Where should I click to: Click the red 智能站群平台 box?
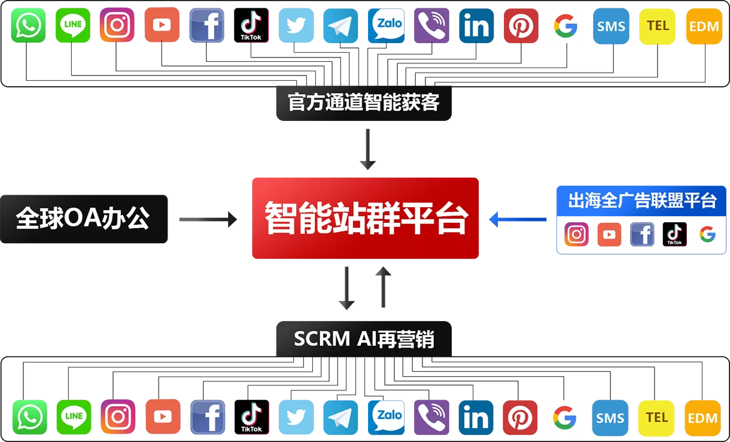[365, 218]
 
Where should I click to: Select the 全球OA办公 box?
[83, 219]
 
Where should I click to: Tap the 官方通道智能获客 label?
[364, 102]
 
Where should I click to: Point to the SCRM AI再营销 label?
[364, 339]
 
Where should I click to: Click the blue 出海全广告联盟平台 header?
[641, 201]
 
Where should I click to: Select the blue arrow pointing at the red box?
[518, 220]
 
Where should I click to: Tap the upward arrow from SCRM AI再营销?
[383, 287]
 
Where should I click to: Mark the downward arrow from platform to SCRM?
[346, 288]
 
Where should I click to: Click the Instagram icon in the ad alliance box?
[576, 235]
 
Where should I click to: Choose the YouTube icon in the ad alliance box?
[609, 235]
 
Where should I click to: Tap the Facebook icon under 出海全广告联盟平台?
[642, 235]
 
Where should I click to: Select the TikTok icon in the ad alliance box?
[674, 235]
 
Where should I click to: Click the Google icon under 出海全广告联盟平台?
[707, 235]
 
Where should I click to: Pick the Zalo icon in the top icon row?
[386, 26]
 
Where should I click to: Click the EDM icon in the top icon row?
[704, 26]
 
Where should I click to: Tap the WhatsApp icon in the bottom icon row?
[29, 417]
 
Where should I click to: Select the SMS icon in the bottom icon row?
[610, 417]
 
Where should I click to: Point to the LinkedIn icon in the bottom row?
[476, 417]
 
